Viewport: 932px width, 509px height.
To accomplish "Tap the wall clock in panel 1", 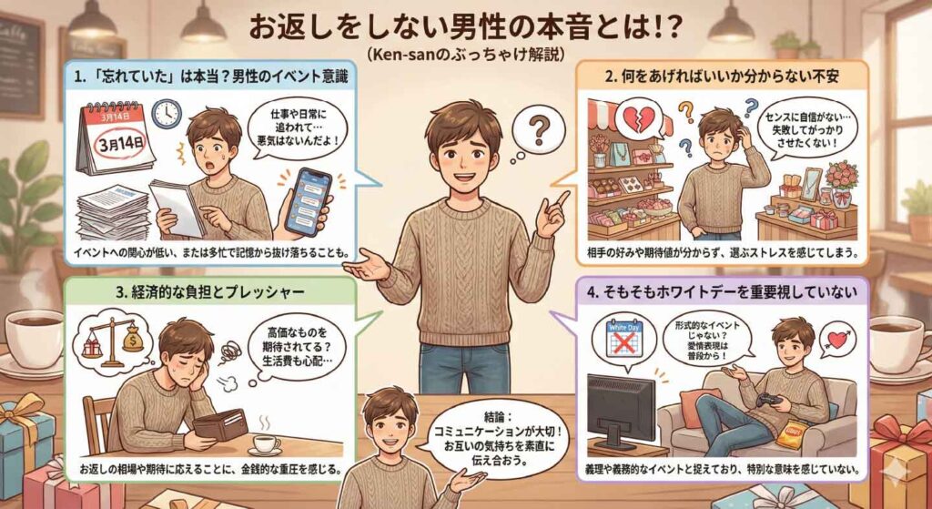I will click(166, 114).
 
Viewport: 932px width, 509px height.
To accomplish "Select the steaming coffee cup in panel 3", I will click(267, 444).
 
